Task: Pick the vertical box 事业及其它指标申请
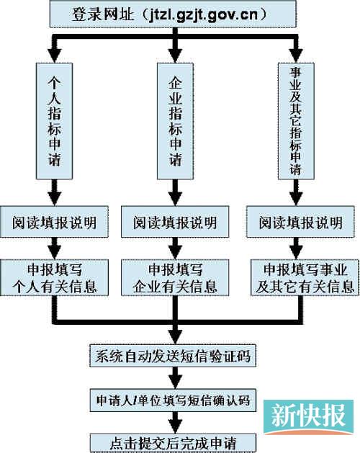click(x=294, y=120)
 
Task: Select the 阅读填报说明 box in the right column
click(x=299, y=221)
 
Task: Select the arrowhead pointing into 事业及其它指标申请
click(x=294, y=55)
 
